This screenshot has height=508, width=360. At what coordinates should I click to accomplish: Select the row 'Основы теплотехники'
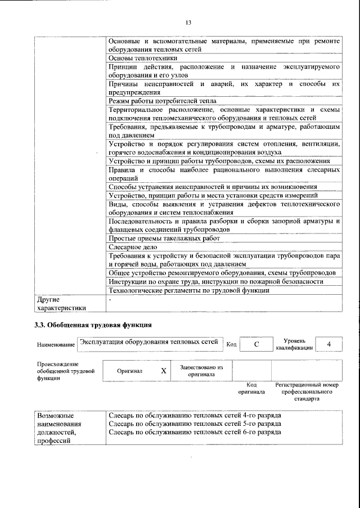pos(143,57)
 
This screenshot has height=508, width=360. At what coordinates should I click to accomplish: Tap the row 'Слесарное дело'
pos(133,247)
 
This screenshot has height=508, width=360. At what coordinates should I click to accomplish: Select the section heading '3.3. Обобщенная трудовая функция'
pos(93,325)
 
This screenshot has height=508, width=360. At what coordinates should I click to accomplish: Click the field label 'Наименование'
pos(56,344)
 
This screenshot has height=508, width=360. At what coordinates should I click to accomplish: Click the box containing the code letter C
pos(256,344)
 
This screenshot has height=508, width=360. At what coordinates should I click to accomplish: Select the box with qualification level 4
pos(329,344)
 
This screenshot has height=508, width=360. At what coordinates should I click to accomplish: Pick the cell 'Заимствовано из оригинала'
pos(201,371)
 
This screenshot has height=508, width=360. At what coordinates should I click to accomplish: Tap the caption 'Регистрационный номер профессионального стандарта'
pos(307,392)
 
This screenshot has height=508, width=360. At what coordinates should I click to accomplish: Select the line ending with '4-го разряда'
pos(195,415)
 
